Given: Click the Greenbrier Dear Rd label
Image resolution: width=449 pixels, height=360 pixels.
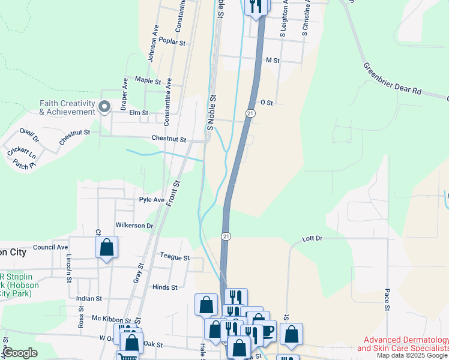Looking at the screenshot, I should click(x=393, y=78).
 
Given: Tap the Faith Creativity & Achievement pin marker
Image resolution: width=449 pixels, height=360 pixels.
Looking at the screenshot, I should click(x=104, y=107).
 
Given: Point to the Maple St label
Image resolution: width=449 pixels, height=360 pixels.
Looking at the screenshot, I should click(x=148, y=80).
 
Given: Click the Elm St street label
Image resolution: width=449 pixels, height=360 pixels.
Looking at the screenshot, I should click(x=139, y=112).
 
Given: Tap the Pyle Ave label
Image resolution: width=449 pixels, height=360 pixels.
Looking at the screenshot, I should click(x=151, y=200).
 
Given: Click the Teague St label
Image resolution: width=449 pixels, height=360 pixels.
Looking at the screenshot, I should click(x=175, y=257).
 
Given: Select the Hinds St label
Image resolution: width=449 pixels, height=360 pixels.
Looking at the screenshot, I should click(x=164, y=287).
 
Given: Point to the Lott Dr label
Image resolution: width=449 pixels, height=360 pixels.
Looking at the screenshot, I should click(x=312, y=238).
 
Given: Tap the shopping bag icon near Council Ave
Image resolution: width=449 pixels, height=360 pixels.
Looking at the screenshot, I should click(x=106, y=247).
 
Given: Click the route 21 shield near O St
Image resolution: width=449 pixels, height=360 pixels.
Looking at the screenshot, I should click(x=250, y=113).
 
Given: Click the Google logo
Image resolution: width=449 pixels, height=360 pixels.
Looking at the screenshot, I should click(x=20, y=353).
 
